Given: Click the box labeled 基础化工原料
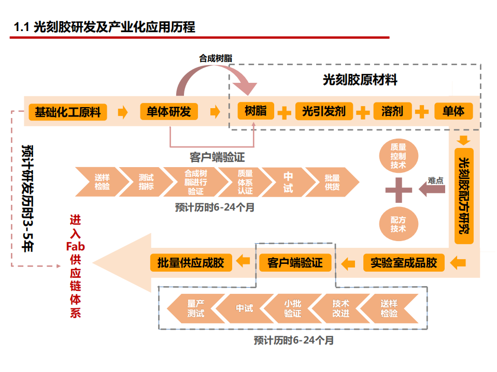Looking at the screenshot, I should (68, 112).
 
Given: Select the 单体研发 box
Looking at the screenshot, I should (168, 112).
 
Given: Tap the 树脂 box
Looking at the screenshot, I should (255, 111).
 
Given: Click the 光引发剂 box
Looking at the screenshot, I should (323, 111).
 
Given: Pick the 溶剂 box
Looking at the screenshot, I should (392, 111).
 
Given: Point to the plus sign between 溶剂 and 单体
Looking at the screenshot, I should (422, 112).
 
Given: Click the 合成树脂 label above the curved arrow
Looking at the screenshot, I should (215, 58).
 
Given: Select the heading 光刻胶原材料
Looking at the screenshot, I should (360, 80).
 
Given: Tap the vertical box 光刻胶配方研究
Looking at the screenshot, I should (464, 196).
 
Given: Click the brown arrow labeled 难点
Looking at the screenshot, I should (432, 190).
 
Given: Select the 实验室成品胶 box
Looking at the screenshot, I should (404, 263).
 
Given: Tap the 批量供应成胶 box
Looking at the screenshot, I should (191, 263).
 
